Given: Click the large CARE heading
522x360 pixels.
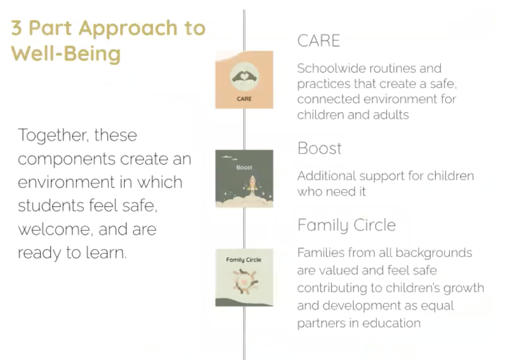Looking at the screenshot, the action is pos(318,41).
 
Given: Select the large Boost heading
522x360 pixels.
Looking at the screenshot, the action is pos(320,148).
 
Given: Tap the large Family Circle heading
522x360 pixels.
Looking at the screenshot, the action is pos(347,225).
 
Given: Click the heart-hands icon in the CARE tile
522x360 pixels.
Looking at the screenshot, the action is pos(244,77).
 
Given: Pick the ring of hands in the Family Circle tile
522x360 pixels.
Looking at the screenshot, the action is pos(245,282).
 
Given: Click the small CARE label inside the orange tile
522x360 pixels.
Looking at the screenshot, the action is pos(244,99).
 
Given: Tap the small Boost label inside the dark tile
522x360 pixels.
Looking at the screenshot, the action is pos(244,167).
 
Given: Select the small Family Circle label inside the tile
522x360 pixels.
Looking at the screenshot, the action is pos(244,260).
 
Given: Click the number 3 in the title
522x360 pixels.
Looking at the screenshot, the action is pos(16,28).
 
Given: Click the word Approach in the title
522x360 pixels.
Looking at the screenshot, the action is pos(128,29).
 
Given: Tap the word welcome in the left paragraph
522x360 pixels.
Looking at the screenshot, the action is pos(54,230).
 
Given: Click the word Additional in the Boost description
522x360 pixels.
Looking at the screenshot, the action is pos(327,176).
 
